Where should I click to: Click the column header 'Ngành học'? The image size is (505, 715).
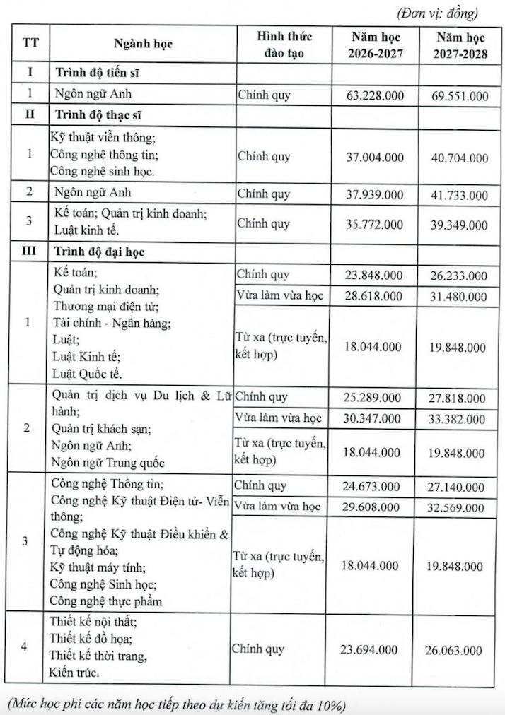click(x=143, y=44)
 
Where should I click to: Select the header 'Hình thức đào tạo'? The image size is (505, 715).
click(x=284, y=44)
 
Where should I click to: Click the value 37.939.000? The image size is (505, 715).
click(x=376, y=194)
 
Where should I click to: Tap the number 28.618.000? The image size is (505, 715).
click(x=376, y=295)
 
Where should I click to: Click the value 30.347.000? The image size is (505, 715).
click(x=376, y=418)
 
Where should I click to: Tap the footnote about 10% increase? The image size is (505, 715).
click(x=177, y=705)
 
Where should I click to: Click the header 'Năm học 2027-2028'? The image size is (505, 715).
click(x=460, y=44)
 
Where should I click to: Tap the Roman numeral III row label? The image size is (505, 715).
click(x=30, y=251)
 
